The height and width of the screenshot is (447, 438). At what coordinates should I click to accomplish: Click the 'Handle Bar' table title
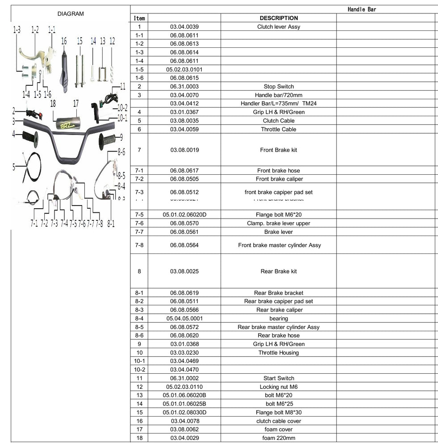click(362, 9)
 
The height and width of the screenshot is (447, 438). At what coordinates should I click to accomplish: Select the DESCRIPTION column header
click(279, 18)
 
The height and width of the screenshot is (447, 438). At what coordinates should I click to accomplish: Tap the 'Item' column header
click(139, 18)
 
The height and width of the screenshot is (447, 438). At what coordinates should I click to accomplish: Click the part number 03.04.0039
click(184, 27)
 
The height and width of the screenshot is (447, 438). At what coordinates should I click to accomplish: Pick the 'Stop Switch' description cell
click(279, 86)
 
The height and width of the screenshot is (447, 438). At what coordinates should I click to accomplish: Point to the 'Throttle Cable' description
click(279, 129)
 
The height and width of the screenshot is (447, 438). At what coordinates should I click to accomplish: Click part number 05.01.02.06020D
click(184, 215)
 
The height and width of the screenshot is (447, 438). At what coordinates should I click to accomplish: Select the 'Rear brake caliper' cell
click(279, 310)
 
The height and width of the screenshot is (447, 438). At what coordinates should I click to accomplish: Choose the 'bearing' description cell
click(279, 318)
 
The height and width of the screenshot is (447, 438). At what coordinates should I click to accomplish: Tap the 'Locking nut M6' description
click(279, 387)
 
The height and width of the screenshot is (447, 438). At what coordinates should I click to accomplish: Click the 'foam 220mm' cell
click(279, 438)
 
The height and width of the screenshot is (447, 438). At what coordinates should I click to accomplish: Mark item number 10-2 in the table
click(139, 370)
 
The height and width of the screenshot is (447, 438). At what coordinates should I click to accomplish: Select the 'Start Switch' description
click(279, 378)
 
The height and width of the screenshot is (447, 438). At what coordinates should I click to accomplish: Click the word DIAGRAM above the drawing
click(71, 14)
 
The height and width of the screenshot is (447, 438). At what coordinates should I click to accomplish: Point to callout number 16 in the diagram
click(64, 42)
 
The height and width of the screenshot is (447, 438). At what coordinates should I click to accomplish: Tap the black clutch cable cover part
click(64, 72)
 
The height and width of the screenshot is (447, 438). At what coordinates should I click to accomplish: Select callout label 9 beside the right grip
click(121, 137)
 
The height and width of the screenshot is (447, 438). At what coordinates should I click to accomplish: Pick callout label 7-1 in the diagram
click(34, 223)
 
